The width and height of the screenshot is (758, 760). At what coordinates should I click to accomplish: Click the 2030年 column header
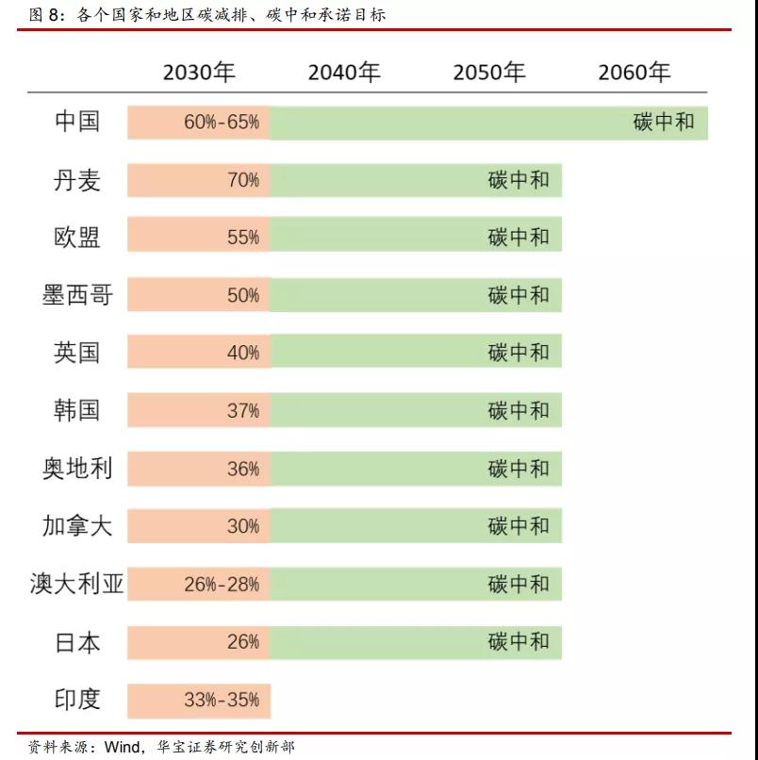(x=199, y=73)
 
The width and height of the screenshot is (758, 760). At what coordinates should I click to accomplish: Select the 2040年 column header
(x=344, y=73)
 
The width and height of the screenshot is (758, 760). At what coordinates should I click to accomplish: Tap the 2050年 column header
(x=489, y=73)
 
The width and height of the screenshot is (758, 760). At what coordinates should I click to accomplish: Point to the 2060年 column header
(x=634, y=73)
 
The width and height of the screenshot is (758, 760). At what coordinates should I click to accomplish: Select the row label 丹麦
(x=77, y=180)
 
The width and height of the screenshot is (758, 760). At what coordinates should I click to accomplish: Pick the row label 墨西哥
(x=77, y=295)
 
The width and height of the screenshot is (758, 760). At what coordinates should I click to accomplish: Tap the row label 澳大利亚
(x=77, y=585)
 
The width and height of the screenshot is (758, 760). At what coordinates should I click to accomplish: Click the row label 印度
(x=77, y=700)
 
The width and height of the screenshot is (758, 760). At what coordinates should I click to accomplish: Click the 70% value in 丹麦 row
(x=243, y=180)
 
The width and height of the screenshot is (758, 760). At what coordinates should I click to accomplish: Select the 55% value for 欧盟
(x=243, y=238)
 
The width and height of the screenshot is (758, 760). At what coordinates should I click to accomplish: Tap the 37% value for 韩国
(x=243, y=411)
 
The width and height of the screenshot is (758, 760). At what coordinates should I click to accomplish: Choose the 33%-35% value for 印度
(x=222, y=701)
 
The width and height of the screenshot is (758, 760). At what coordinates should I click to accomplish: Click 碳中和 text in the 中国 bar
(x=664, y=123)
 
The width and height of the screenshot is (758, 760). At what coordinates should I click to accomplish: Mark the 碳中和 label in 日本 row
(x=519, y=642)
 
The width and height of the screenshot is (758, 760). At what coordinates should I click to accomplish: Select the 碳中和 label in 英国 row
(x=519, y=353)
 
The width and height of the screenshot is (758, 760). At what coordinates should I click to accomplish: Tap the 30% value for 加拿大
(x=243, y=526)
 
